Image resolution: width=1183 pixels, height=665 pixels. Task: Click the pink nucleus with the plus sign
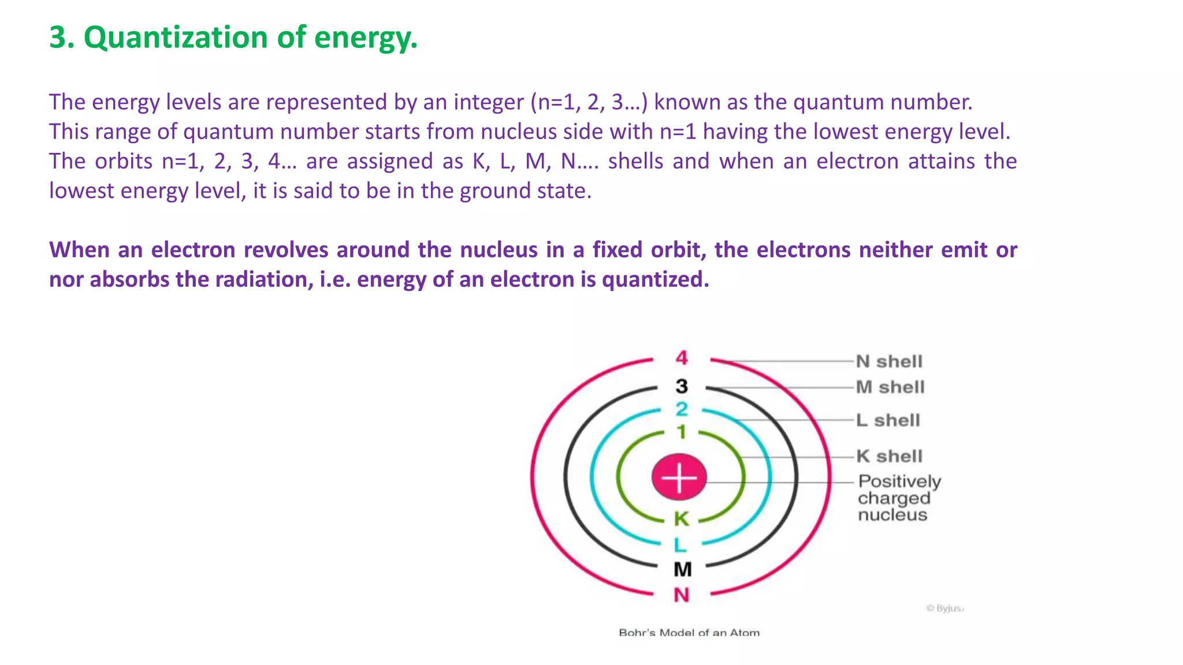tap(679, 477)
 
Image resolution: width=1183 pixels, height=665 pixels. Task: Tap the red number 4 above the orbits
tap(682, 358)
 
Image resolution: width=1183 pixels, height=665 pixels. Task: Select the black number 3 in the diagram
tap(682, 386)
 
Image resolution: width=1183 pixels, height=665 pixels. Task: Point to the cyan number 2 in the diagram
tap(682, 409)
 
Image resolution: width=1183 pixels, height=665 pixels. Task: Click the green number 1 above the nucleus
tap(682, 432)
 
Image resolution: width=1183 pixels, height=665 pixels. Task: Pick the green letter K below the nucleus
tap(682, 518)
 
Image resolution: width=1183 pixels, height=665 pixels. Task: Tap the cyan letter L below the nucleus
tap(680, 544)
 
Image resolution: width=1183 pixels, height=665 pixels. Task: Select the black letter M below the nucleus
tap(682, 570)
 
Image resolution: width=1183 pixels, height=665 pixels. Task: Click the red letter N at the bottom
tap(682, 595)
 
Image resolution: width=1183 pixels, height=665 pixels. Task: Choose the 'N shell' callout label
tap(889, 361)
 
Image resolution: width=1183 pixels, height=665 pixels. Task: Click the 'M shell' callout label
tap(890, 387)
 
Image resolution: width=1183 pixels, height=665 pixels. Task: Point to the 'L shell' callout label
tap(888, 420)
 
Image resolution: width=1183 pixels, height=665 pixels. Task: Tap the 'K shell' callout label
tap(889, 456)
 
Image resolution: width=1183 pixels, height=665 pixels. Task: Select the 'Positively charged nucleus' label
tap(898, 498)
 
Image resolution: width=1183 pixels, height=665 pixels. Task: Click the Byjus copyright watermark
tap(945, 608)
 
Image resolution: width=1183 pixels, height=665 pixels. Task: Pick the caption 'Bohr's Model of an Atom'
tap(689, 633)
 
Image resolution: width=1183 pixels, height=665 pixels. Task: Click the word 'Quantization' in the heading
tap(176, 38)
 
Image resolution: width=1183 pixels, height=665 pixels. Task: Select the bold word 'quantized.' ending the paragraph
tap(655, 279)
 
